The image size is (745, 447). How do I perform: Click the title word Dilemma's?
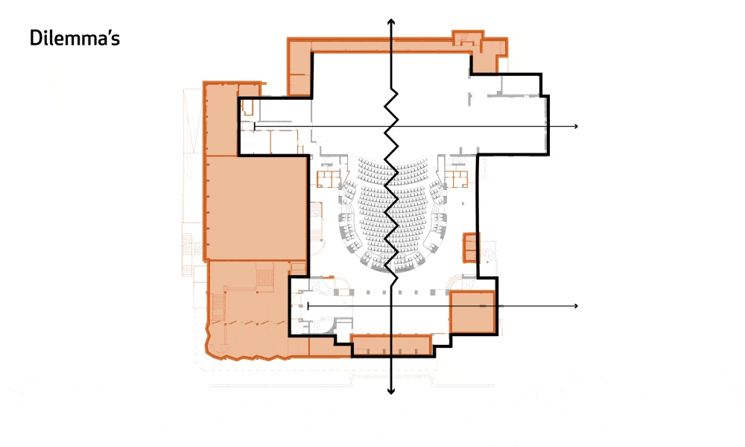click(x=74, y=38)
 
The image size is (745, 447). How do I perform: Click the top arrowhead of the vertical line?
click(x=391, y=22)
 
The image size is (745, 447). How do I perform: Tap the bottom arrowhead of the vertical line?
click(x=391, y=391)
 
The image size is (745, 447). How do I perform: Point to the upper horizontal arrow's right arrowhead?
click(x=576, y=126)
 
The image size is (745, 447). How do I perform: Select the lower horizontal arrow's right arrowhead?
click(x=576, y=305)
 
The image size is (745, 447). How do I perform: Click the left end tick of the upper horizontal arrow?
click(x=254, y=127)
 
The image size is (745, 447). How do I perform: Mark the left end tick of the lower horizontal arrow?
click(x=308, y=305)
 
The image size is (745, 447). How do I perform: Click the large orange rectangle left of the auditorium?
click(x=256, y=208)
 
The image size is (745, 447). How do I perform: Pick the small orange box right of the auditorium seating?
click(x=470, y=247)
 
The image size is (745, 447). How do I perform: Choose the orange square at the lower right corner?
click(x=473, y=311)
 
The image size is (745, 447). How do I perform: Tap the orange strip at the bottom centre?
click(x=392, y=345)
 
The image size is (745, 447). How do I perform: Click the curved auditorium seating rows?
click(x=392, y=214)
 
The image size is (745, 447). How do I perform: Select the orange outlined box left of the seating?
click(x=329, y=179)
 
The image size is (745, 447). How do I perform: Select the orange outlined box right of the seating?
click(x=457, y=179)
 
